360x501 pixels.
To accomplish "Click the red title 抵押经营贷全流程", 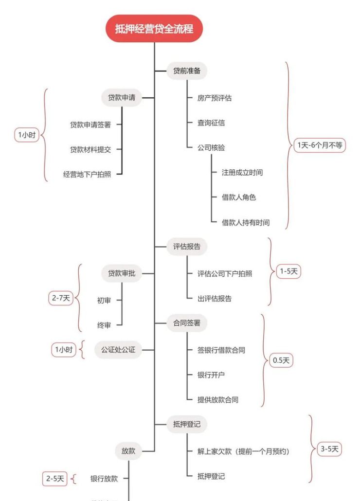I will tap(154, 29).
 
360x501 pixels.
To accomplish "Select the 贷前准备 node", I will tap(187, 71).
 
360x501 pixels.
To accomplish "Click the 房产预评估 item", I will tap(215, 98).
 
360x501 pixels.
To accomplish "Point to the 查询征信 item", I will tap(211, 123).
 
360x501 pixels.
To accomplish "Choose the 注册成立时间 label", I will tap(242, 172).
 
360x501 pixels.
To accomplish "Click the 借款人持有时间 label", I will tap(246, 222).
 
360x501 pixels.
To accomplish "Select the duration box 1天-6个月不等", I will tap(319, 145).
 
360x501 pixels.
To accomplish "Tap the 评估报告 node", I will tap(187, 247).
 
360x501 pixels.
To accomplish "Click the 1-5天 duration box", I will tap(288, 272).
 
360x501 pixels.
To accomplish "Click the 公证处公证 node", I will tap(118, 350).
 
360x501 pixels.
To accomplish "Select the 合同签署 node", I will tap(187, 323).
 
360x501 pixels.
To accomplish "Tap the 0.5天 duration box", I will tap(281, 360).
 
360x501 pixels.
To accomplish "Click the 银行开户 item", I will tap(211, 375).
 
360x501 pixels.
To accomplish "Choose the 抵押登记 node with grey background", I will tap(187, 424).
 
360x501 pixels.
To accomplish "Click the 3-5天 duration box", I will tap(329, 449).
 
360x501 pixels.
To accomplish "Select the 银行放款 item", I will tap(104, 479).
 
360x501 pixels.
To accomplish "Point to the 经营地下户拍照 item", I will tap(87, 174).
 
